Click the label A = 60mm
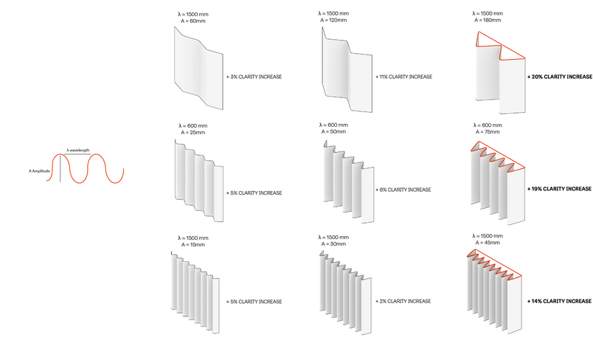coord(193,21)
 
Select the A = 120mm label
coord(333,21)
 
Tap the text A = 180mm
coord(488,21)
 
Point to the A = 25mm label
coord(193,133)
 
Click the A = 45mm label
coord(488,243)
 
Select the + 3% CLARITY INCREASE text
coord(254,77)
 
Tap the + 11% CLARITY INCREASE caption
coord(404,77)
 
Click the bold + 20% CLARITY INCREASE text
coord(560,77)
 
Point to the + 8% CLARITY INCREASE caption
coord(403,190)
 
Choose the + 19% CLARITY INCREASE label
coord(559,189)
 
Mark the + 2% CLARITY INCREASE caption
coord(403,302)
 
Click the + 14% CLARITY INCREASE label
coord(559,302)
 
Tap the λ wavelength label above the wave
coord(78,150)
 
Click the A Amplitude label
coord(39,171)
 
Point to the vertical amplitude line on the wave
coord(60,168)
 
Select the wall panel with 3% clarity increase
coord(198,68)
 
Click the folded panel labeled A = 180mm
coord(500,72)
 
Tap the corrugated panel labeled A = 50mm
coord(348,181)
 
